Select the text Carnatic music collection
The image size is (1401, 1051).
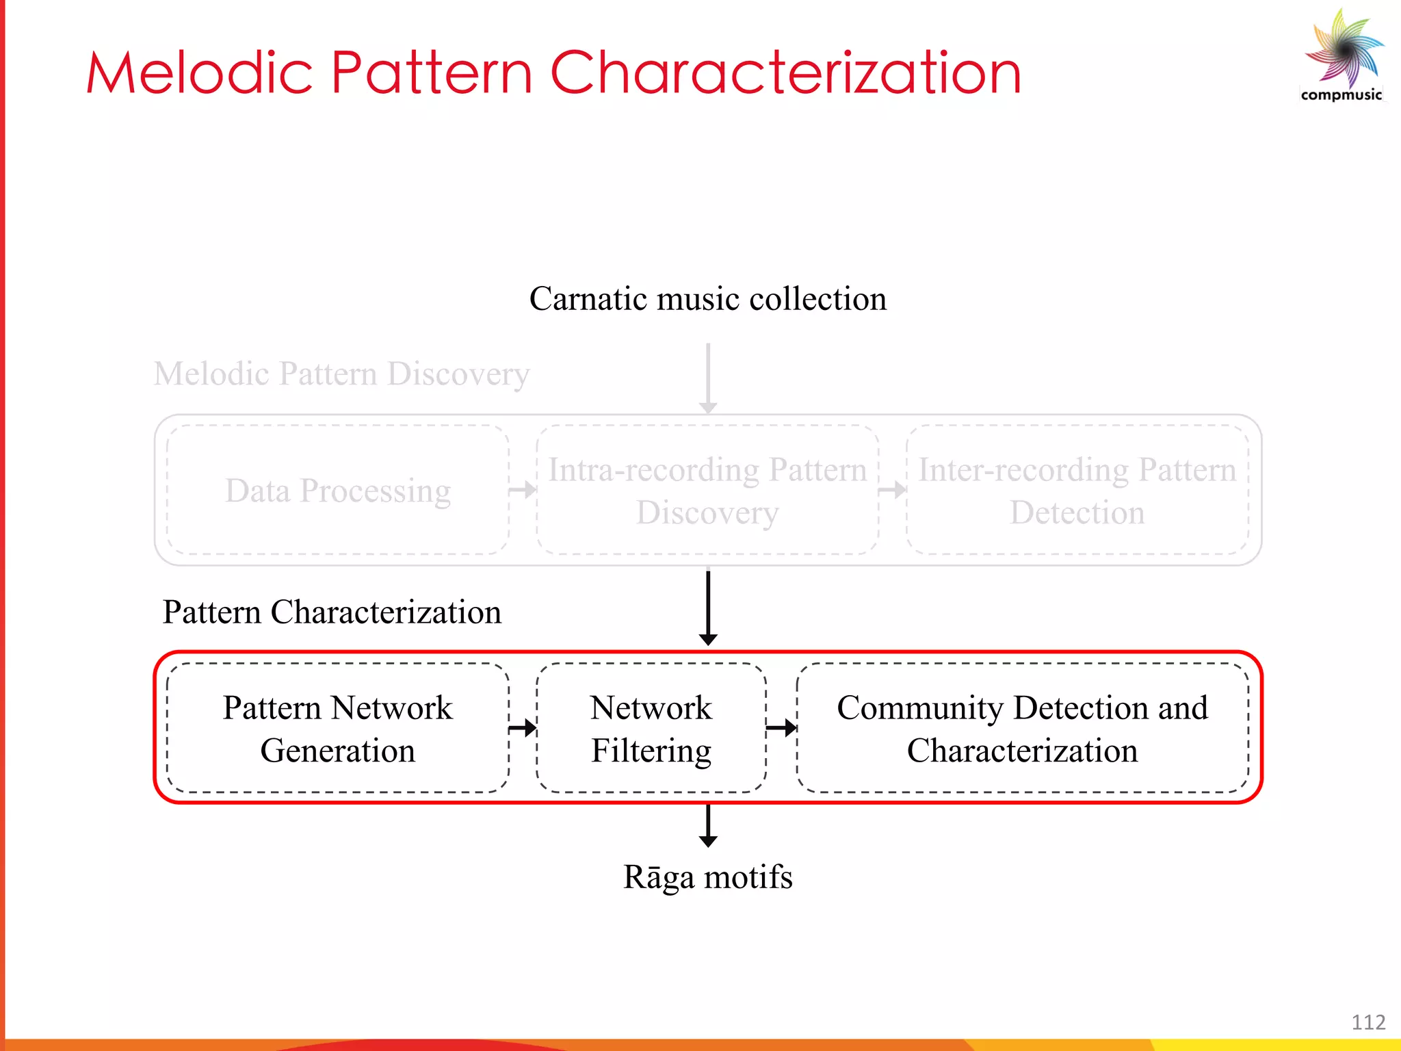pos(707,299)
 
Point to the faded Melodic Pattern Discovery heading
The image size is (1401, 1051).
pos(341,374)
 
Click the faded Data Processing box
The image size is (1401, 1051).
pos(338,490)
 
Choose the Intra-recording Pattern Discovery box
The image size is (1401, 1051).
pos(707,490)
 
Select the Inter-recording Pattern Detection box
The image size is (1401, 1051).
pos(1077,490)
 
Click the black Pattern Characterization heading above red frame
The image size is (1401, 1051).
pos(332,612)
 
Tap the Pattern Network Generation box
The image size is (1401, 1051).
pos(338,728)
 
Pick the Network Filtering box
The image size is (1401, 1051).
pos(651,728)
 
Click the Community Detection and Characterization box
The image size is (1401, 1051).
pos(1022,728)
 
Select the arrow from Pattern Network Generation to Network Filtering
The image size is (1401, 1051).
pos(523,727)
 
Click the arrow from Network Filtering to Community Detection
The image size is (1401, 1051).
pos(781,727)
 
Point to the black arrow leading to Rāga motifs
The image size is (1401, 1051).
pos(708,826)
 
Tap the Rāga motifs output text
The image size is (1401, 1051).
pos(707,877)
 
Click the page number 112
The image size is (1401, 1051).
pos(1368,1022)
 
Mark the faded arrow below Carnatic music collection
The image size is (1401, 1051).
pos(708,378)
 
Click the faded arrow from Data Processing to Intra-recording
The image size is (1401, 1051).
pos(523,490)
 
